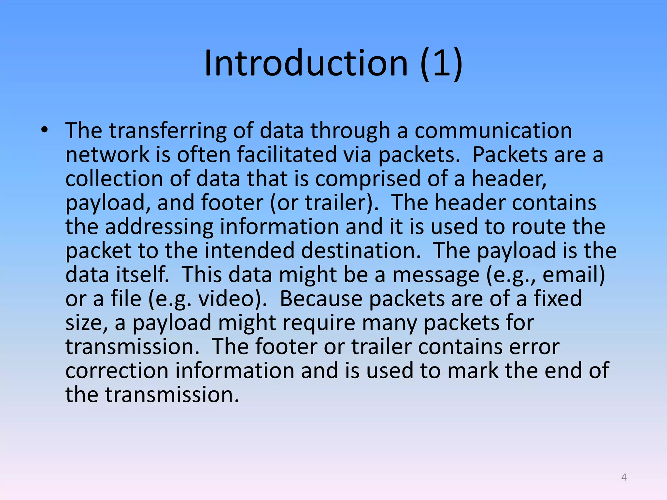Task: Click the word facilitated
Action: pos(287,155)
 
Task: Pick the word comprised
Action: pos(368,179)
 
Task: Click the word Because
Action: pos(321,299)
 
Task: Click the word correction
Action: pos(117,371)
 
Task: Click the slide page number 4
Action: pos(624,477)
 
